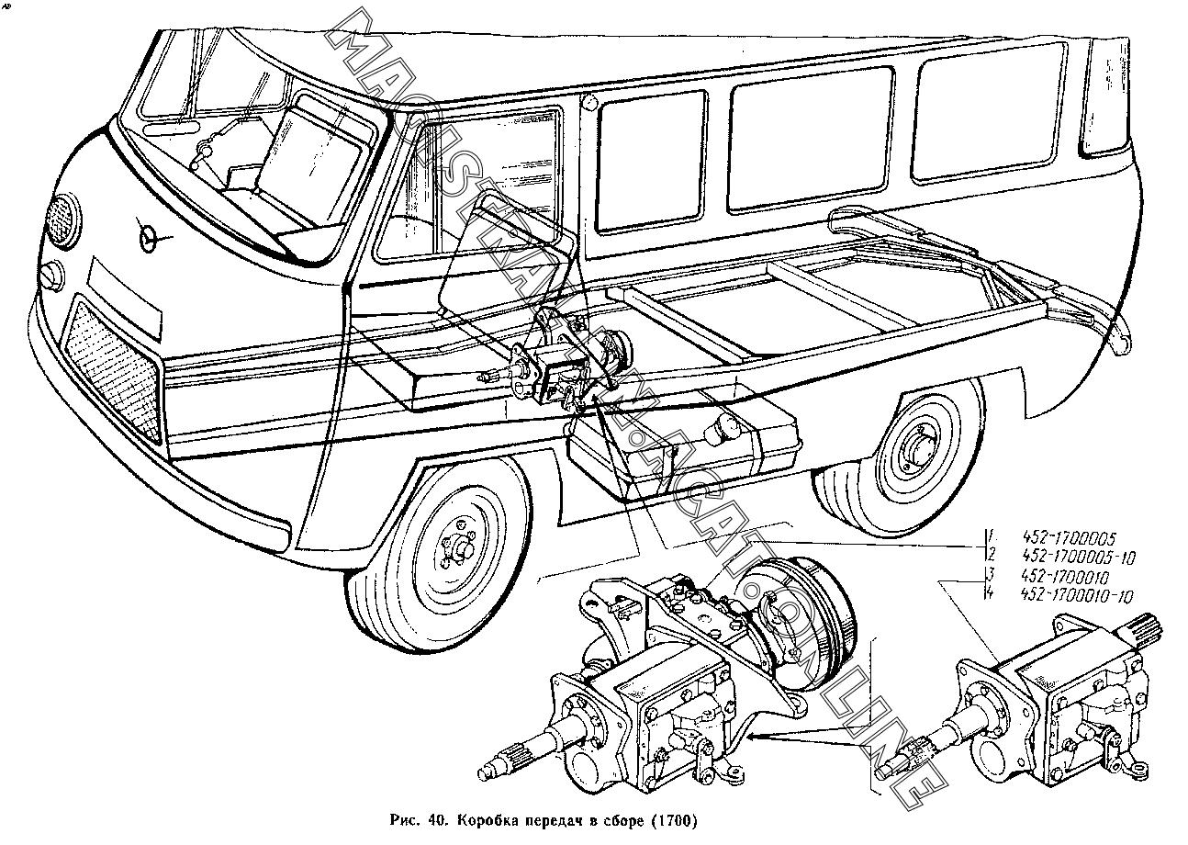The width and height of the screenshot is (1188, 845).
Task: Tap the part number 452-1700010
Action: pos(1065,579)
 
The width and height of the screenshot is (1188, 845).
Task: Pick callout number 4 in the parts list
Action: pos(990,596)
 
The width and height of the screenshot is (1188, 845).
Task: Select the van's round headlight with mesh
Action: pos(63,220)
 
